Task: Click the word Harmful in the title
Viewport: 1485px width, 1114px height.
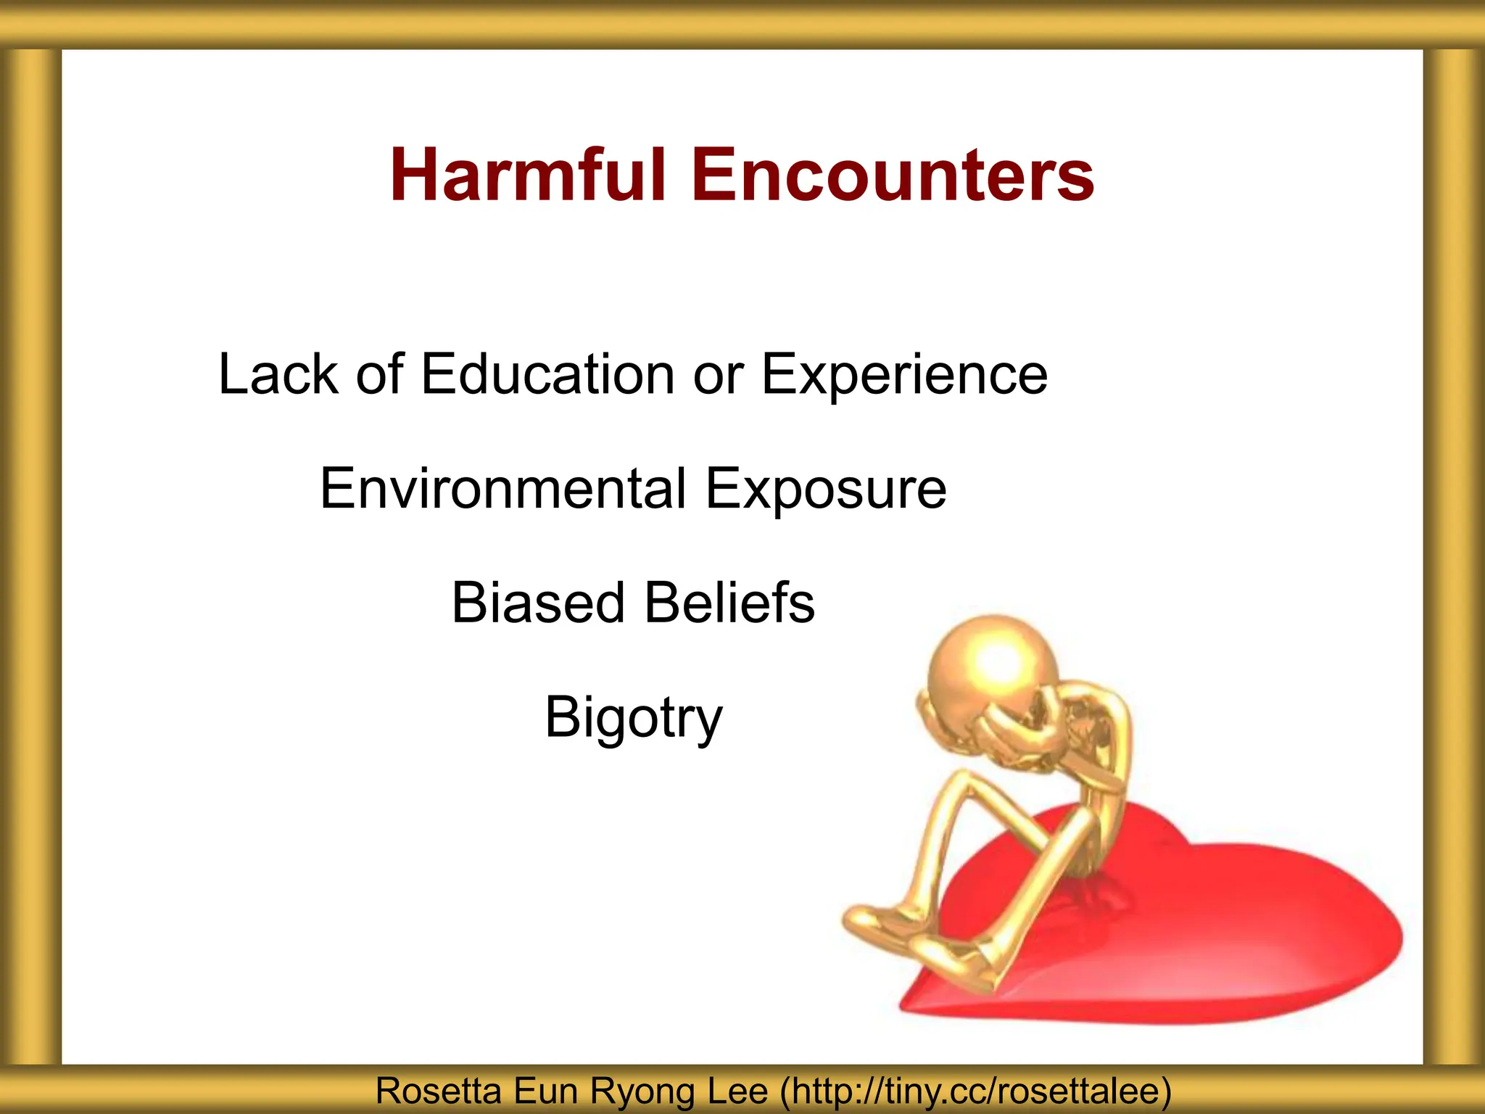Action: (527, 176)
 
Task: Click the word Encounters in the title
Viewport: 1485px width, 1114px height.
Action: (893, 176)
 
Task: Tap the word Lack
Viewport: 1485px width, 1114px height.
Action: (278, 374)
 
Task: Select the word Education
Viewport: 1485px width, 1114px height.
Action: (547, 374)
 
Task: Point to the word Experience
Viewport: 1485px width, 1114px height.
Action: (904, 376)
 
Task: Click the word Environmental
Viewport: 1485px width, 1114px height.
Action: (503, 489)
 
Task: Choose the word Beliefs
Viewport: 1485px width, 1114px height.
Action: (729, 603)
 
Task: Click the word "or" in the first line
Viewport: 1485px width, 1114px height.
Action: (718, 376)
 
